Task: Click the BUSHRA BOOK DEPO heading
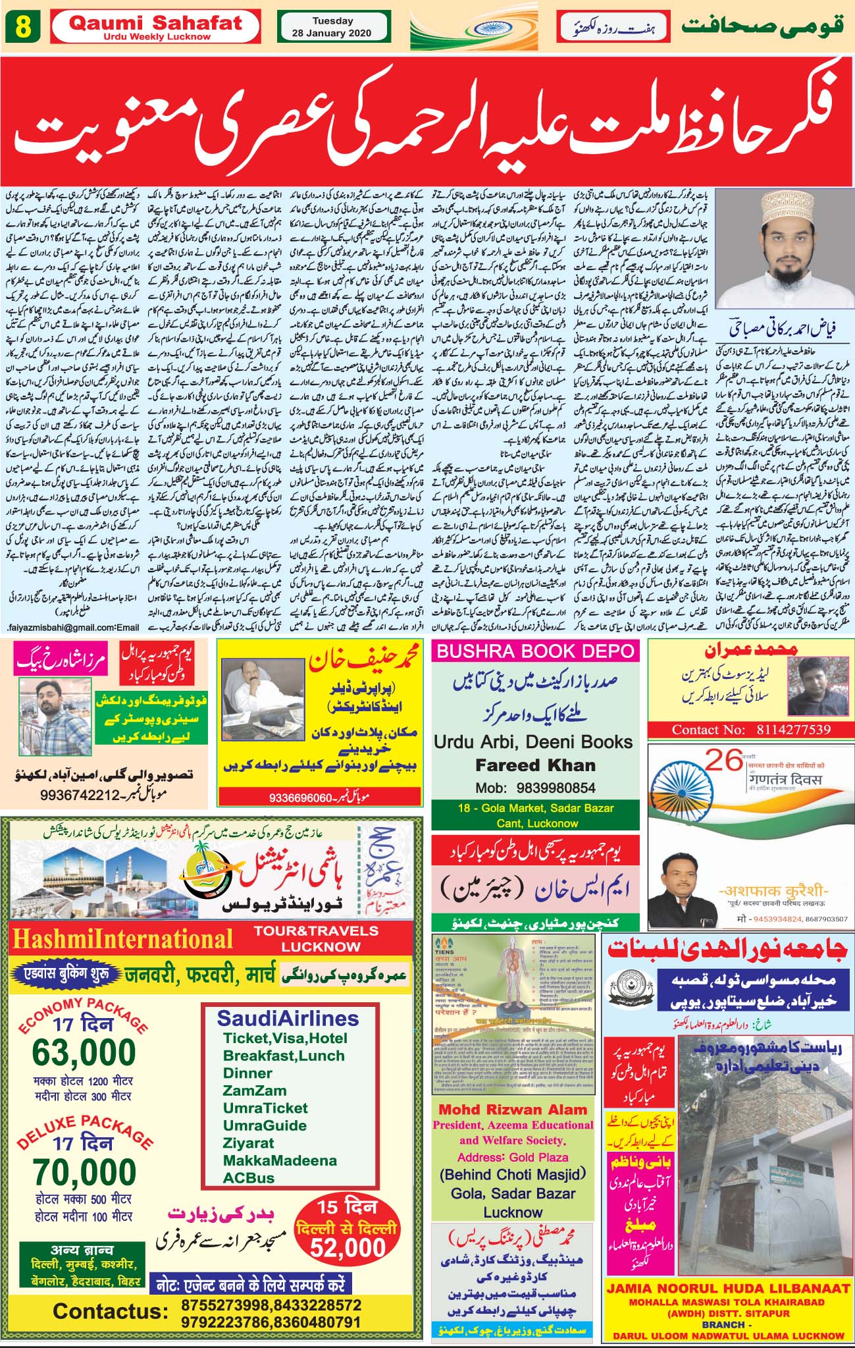pos(535,651)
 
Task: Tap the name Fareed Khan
pos(535,765)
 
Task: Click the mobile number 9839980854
pos(557,788)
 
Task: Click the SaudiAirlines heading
pos(288,1018)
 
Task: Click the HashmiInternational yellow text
pos(122,938)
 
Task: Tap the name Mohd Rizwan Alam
pos(513,1110)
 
